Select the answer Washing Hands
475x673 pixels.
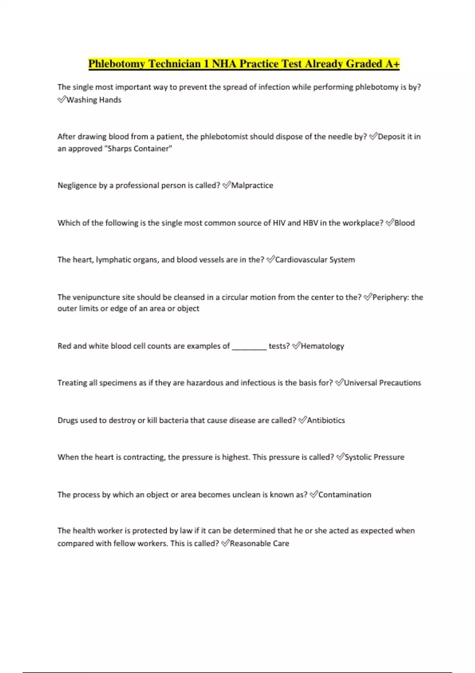(94, 100)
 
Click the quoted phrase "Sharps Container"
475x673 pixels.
(137, 149)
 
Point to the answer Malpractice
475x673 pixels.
(252, 185)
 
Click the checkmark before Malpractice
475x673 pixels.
(226, 185)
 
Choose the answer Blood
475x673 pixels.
(405, 223)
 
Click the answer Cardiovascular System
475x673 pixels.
(315, 260)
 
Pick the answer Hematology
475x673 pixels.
(322, 346)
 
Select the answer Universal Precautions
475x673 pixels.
(382, 383)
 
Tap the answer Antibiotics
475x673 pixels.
(326, 420)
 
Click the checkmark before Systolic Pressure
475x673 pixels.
(340, 457)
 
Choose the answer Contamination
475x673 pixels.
(345, 494)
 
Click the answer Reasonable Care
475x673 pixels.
(259, 544)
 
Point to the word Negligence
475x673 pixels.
(77, 185)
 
